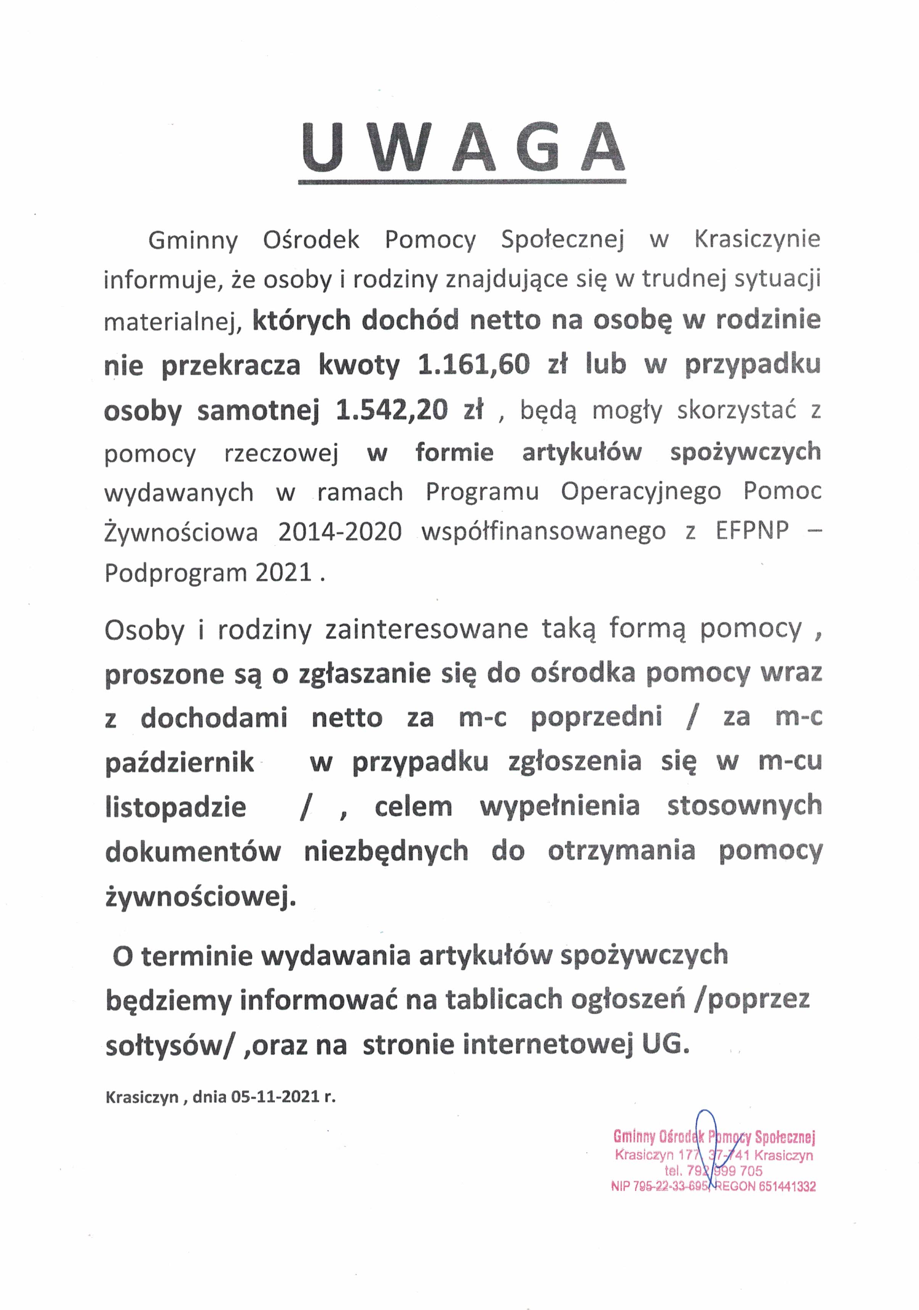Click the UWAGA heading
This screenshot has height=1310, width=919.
tap(462, 147)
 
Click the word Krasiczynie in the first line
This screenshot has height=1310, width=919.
tap(757, 239)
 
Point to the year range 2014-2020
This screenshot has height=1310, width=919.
tap(340, 532)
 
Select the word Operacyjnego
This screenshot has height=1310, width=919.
tap(641, 491)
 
